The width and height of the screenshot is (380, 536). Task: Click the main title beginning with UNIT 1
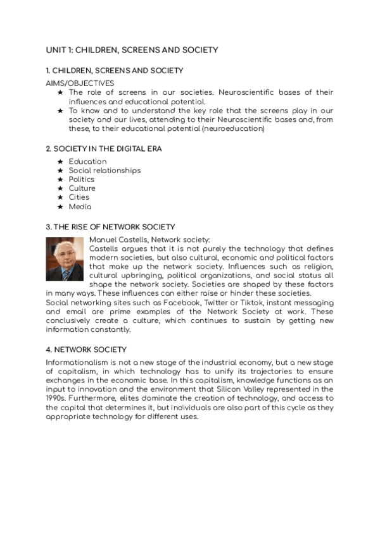point(132,49)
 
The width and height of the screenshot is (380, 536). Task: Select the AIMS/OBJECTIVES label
point(80,83)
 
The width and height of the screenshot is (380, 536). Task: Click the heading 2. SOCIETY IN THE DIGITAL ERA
point(103,149)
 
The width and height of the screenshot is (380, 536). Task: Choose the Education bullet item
point(87,162)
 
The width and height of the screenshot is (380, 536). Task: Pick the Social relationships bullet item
point(104,171)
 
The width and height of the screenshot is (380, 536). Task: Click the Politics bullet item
point(82,180)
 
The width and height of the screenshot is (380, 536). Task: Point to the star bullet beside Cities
point(60,197)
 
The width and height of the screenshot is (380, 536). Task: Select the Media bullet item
point(80,207)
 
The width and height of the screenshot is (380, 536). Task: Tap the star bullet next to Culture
point(60,188)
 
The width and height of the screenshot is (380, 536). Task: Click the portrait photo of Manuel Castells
point(65,259)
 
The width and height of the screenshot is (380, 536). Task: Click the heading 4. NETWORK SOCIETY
point(86,350)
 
